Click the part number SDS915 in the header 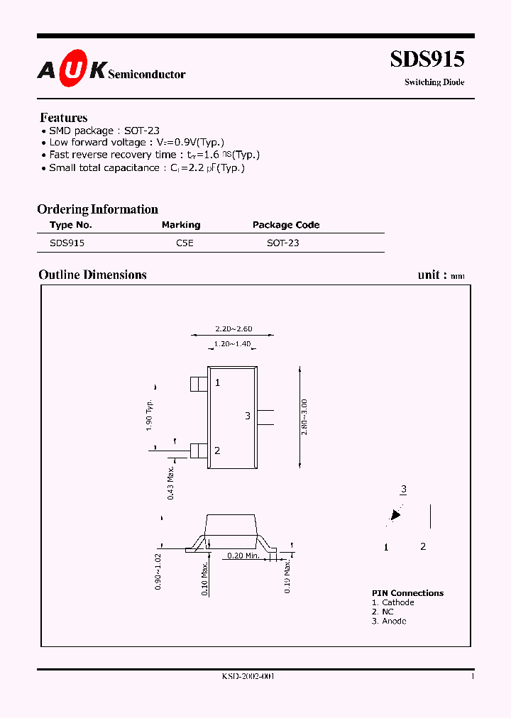point(427,59)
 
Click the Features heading point(64,118)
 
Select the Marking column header point(181,225)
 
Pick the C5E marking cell point(185,243)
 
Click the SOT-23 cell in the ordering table point(282,243)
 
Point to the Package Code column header point(286,225)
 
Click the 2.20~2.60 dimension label point(233,328)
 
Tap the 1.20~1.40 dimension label point(232,344)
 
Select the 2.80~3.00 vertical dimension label point(304,417)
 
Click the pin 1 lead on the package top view point(199,383)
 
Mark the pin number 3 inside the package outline point(248,416)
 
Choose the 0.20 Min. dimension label point(243,556)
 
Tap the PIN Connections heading point(407,593)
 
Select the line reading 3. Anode point(389,621)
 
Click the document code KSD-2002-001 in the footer point(248,677)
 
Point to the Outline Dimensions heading point(92,275)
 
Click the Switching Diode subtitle point(434,82)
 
